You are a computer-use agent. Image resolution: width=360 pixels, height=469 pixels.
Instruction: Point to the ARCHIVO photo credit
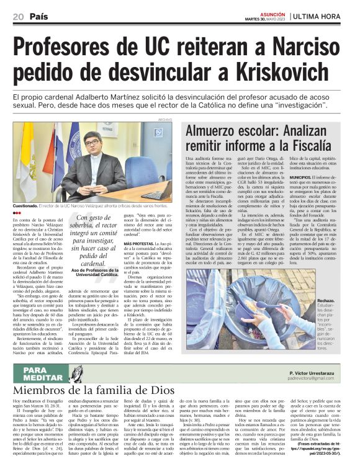click(165, 118)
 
